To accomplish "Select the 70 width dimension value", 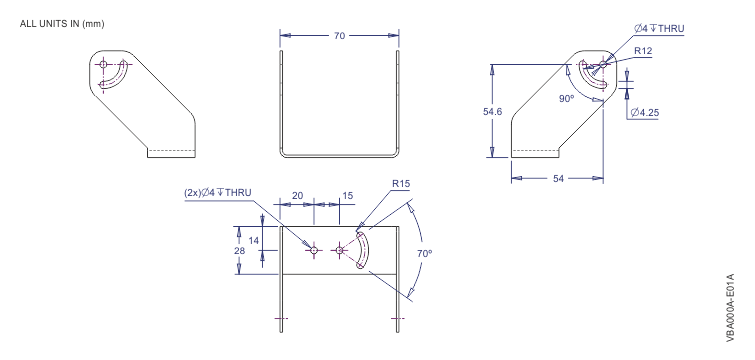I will click(x=339, y=35).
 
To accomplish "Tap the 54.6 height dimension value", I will click(x=492, y=111).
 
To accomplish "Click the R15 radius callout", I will click(x=402, y=185).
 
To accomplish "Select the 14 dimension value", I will click(x=253, y=242).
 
